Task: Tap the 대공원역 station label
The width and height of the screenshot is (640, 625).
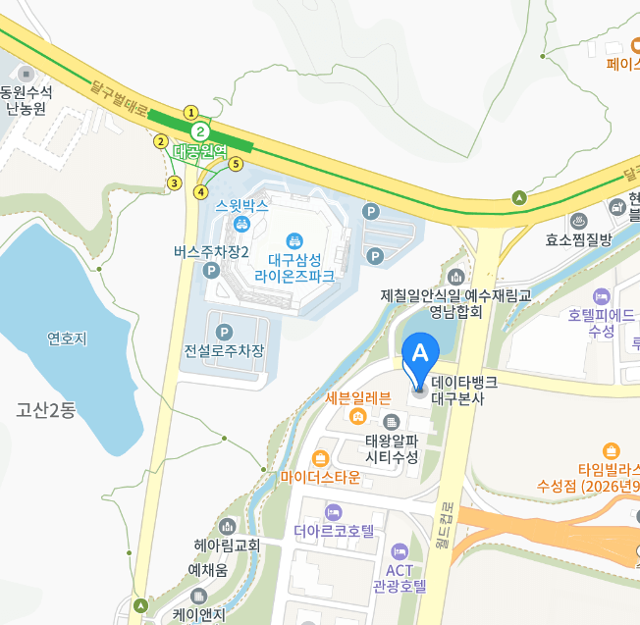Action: pos(199,152)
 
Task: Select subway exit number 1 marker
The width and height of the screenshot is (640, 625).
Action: pos(191,112)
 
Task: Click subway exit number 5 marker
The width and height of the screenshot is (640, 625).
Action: pos(236,164)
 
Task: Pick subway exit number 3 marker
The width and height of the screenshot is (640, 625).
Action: pos(175,182)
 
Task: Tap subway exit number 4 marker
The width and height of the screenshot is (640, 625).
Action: pos(200,191)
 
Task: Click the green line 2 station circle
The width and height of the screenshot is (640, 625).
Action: pos(200,130)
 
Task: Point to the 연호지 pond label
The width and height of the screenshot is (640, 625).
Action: pos(67,339)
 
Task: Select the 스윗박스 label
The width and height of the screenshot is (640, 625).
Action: pos(242,207)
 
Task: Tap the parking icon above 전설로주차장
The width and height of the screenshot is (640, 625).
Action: pos(224,332)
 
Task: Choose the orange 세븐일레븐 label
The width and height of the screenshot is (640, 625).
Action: pos(358,398)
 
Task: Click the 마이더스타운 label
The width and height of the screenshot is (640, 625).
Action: pos(320,477)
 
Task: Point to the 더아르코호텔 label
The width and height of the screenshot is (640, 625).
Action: pos(335,531)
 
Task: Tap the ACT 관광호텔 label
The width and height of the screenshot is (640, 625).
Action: pos(399,579)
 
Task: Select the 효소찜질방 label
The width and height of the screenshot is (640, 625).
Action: pos(579,238)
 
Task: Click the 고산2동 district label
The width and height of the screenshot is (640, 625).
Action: pos(45,410)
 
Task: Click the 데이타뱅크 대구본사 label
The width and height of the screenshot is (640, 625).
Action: pos(464,390)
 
